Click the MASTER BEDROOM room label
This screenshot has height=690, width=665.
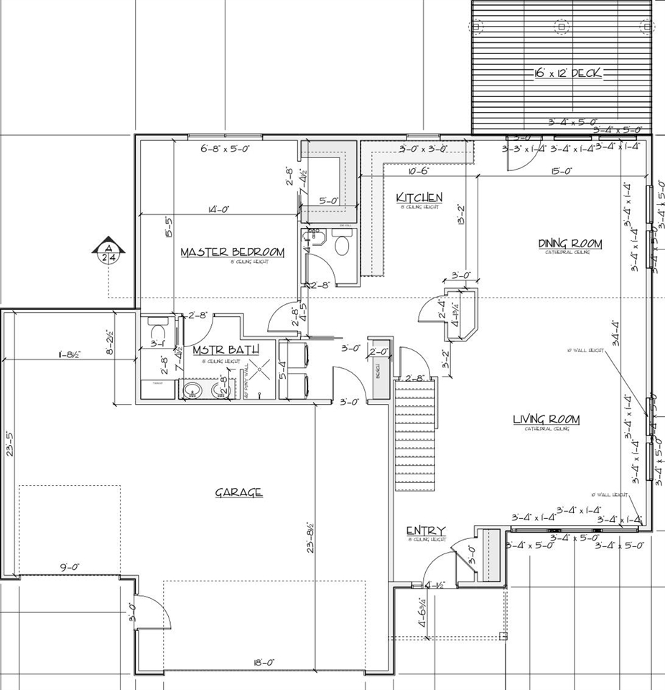232,252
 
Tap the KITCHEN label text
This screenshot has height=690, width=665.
419,198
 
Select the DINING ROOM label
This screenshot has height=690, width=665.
570,244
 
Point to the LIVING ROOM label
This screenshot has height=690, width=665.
546,420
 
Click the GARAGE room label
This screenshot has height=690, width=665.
238,493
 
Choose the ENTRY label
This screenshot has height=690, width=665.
426,531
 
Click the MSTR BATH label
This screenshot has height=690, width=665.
215,351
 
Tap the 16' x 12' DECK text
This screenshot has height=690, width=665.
567,73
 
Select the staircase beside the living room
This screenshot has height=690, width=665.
415,436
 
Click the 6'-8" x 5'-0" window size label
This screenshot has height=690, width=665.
226,149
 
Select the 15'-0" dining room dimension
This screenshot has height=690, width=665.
562,171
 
